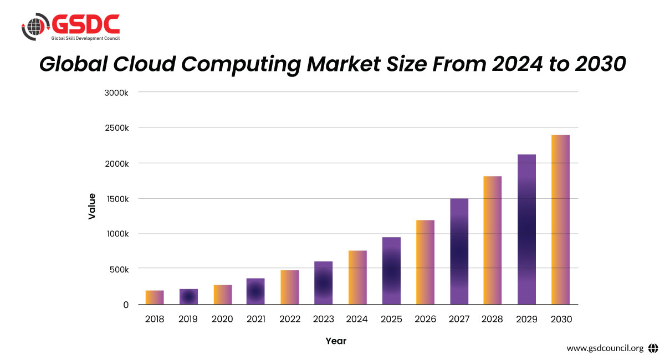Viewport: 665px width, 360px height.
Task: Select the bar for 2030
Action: pos(560,219)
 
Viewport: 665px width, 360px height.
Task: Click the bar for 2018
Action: pos(155,297)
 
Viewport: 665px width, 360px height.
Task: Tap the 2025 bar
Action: pos(391,271)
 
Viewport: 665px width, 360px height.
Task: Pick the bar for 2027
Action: pos(459,251)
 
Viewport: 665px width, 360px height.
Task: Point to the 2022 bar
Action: pos(290,287)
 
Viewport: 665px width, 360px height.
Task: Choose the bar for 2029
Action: pos(526,229)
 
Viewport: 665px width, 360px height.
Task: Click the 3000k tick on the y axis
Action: pos(116,92)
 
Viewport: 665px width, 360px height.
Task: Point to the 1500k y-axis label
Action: pos(116,198)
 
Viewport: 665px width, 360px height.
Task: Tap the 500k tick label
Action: pos(119,269)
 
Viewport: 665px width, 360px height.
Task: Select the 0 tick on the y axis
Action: pos(126,305)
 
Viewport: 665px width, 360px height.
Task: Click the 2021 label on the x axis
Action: pos(255,320)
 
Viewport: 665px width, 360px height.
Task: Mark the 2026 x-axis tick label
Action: pos(425,320)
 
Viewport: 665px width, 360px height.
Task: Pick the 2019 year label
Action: pos(188,320)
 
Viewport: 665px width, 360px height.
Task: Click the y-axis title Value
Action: pos(92,206)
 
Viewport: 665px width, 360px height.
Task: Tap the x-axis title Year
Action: pos(336,341)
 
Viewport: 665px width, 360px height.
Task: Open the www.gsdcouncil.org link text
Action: pos(605,348)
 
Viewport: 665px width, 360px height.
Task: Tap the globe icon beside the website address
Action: pos(652,348)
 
